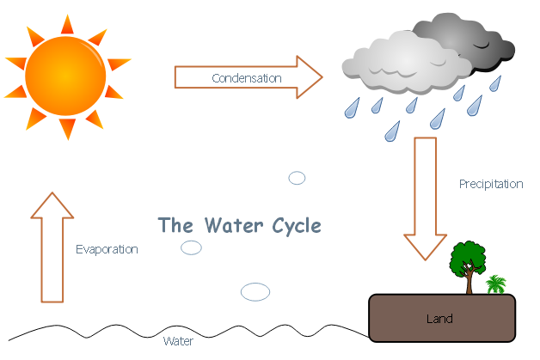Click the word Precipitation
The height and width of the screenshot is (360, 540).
(x=491, y=184)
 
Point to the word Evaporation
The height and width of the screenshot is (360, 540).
(x=107, y=249)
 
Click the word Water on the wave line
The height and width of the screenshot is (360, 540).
(x=178, y=341)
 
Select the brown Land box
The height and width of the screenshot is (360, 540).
(x=441, y=319)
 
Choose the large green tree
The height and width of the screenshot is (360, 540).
(x=469, y=259)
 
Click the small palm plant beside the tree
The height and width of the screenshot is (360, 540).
(x=496, y=284)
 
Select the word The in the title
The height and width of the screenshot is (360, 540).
(x=176, y=226)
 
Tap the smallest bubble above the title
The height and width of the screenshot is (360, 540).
(x=297, y=178)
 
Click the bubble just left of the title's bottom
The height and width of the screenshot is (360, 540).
(x=191, y=247)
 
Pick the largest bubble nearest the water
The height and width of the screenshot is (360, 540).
(x=255, y=292)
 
